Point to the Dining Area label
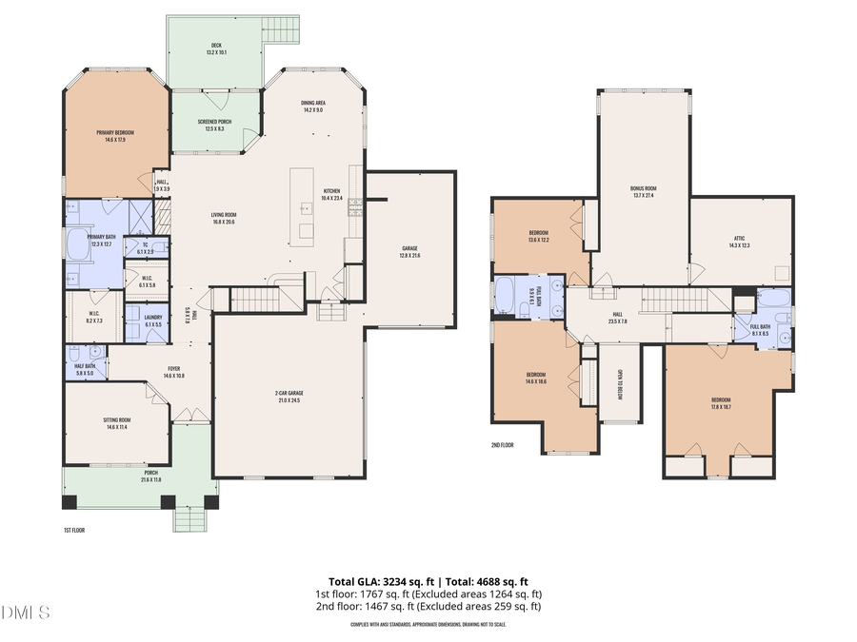click(x=313, y=107)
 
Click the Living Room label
click(x=224, y=217)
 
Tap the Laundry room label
click(x=153, y=320)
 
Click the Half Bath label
click(x=84, y=369)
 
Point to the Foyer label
click(x=174, y=372)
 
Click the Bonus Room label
click(x=644, y=191)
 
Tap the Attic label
click(x=739, y=242)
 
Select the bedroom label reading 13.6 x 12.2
click(x=538, y=236)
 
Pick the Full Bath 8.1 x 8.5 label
click(x=760, y=330)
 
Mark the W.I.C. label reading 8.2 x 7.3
click(x=95, y=318)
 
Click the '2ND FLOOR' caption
click(x=503, y=444)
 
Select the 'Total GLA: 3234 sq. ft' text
click(x=375, y=581)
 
